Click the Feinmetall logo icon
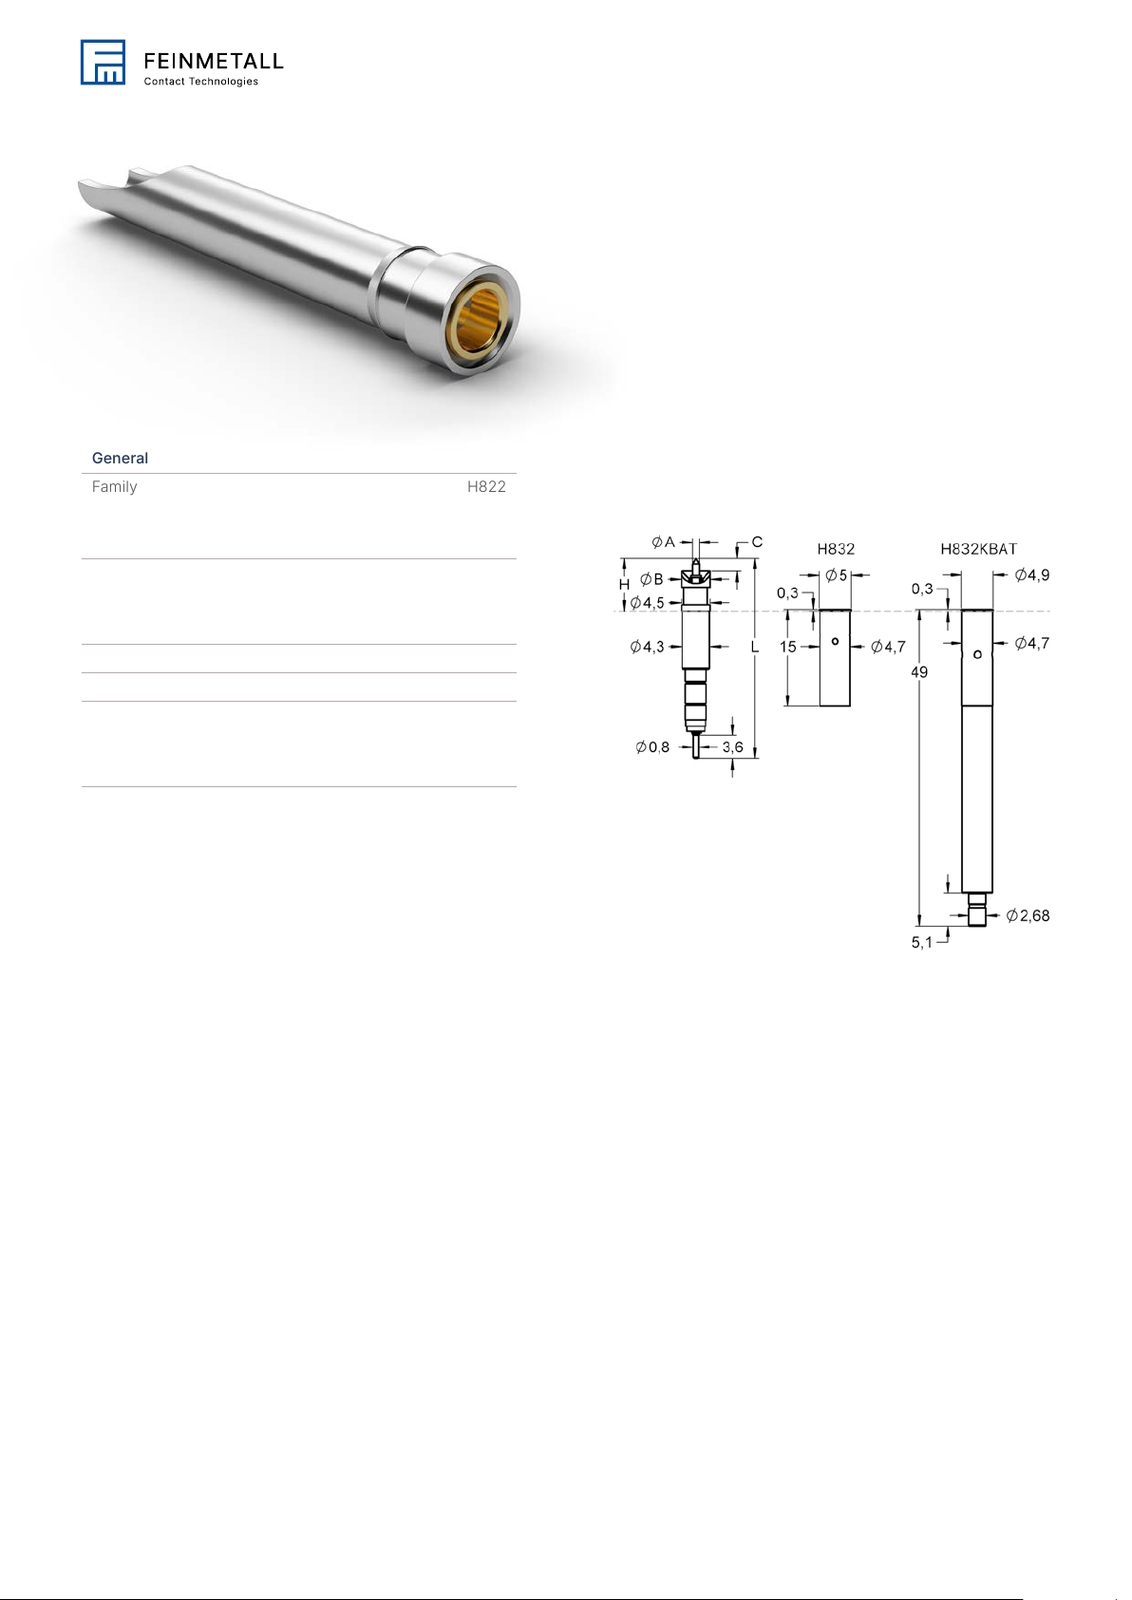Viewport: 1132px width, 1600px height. click(x=103, y=62)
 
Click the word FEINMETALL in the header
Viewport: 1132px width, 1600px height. click(x=214, y=62)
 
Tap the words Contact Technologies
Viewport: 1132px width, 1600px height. click(x=200, y=82)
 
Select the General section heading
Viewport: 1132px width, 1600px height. click(x=120, y=458)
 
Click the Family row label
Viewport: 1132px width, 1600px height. click(x=114, y=486)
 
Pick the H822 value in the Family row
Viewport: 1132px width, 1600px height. click(x=486, y=486)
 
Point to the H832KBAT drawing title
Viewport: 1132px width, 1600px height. click(x=978, y=549)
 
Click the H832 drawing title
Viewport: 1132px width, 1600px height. click(x=836, y=549)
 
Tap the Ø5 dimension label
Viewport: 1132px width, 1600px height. click(x=837, y=575)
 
